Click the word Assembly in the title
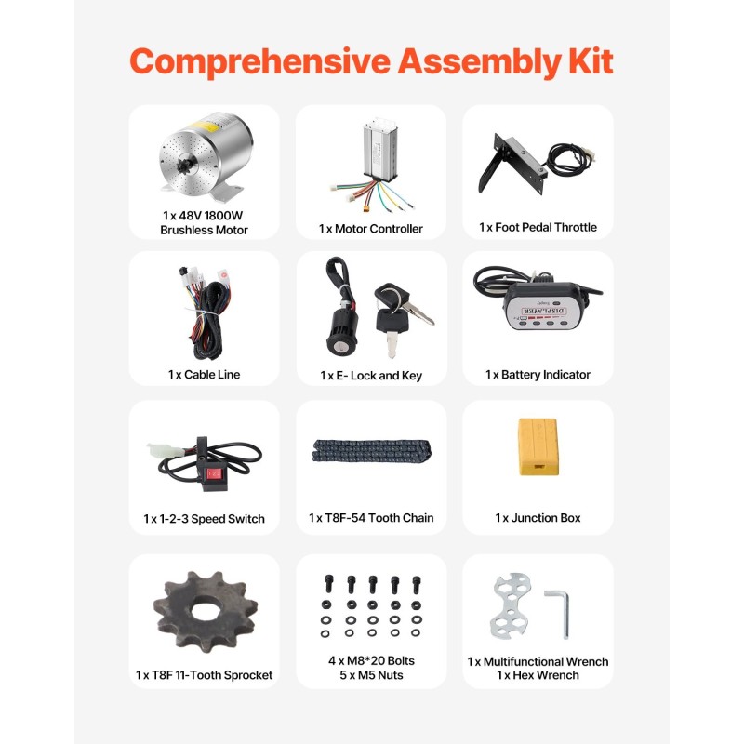(479, 62)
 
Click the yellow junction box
(538, 446)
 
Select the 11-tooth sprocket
(205, 610)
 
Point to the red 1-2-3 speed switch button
(215, 473)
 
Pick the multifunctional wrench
(510, 605)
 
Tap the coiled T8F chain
(371, 451)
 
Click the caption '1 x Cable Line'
(204, 375)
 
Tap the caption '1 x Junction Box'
(538, 518)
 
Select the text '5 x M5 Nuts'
(371, 675)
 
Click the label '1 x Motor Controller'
(370, 229)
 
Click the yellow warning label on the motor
(205, 126)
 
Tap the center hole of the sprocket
(205, 612)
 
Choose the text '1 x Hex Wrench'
(538, 675)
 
